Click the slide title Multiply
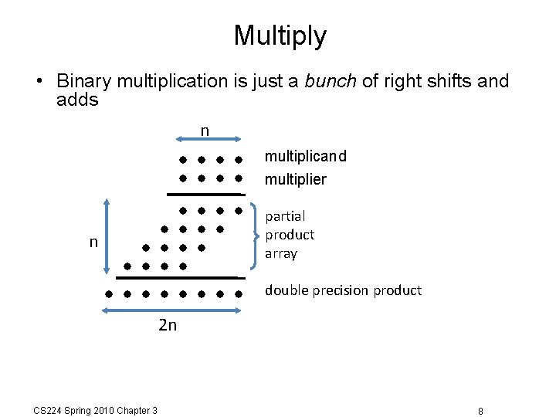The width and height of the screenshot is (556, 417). [x=280, y=36]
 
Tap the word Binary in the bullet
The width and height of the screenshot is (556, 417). [x=85, y=81]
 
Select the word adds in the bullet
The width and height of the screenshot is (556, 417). [x=77, y=100]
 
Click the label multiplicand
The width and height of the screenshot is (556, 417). [x=305, y=156]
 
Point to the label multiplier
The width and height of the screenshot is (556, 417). [x=295, y=179]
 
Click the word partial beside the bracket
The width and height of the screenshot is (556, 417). [x=285, y=216]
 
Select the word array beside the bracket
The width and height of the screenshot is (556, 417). [x=280, y=253]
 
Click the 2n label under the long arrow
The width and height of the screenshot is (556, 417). [x=167, y=325]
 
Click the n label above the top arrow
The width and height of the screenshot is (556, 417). [x=204, y=131]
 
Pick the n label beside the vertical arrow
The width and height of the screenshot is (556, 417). [x=93, y=242]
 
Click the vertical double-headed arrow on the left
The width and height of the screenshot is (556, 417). [x=107, y=236]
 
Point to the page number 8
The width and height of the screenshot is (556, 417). [x=480, y=411]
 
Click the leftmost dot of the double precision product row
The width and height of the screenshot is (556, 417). [x=109, y=294]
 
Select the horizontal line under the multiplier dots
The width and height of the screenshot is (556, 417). [x=205, y=193]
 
